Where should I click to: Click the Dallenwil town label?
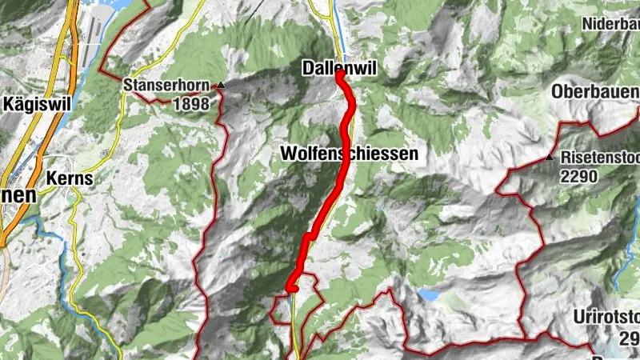[339, 69]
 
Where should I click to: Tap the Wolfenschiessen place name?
[350, 153]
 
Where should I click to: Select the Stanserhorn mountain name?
[166, 84]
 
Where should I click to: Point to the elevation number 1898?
[190, 104]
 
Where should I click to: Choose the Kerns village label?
[70, 179]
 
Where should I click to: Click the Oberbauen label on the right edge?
[595, 92]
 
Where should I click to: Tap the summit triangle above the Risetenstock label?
[549, 158]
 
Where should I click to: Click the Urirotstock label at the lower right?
[606, 317]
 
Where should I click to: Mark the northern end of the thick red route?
[340, 75]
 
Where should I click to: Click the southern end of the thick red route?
[290, 289]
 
